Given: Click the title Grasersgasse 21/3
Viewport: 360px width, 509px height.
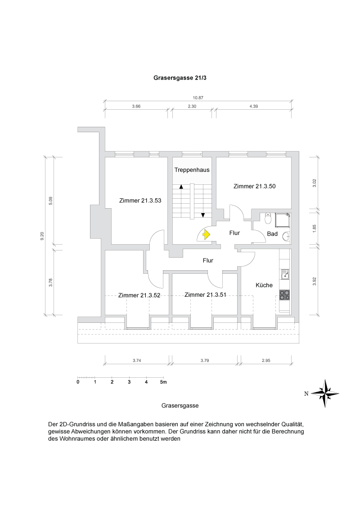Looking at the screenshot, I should pyautogui.click(x=180, y=77).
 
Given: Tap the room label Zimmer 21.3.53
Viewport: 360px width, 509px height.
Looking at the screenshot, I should pyautogui.click(x=140, y=201).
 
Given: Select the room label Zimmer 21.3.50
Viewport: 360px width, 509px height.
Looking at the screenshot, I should pyautogui.click(x=255, y=186).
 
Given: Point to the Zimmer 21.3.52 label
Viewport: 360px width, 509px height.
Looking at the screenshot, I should pyautogui.click(x=139, y=295).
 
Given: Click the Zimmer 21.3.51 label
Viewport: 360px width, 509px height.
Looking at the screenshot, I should pyautogui.click(x=205, y=295).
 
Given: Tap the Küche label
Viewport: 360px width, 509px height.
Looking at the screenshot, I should pyautogui.click(x=264, y=285).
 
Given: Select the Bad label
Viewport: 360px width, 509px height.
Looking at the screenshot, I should pyautogui.click(x=272, y=234).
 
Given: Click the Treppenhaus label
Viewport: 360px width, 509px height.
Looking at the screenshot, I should pyautogui.click(x=192, y=170).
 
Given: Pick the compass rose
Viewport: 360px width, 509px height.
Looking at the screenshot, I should pyautogui.click(x=325, y=393).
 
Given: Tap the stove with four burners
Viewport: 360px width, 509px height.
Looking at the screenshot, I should pyautogui.click(x=284, y=295).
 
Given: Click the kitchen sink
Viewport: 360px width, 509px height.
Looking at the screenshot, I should pyautogui.click(x=284, y=272).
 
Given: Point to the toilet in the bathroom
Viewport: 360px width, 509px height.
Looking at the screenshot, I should pyautogui.click(x=268, y=219).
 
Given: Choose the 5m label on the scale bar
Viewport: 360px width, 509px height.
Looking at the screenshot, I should pyautogui.click(x=163, y=382).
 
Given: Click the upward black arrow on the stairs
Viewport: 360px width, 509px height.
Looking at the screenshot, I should pyautogui.click(x=181, y=186).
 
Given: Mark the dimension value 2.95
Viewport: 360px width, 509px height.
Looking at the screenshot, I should pyautogui.click(x=267, y=360).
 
